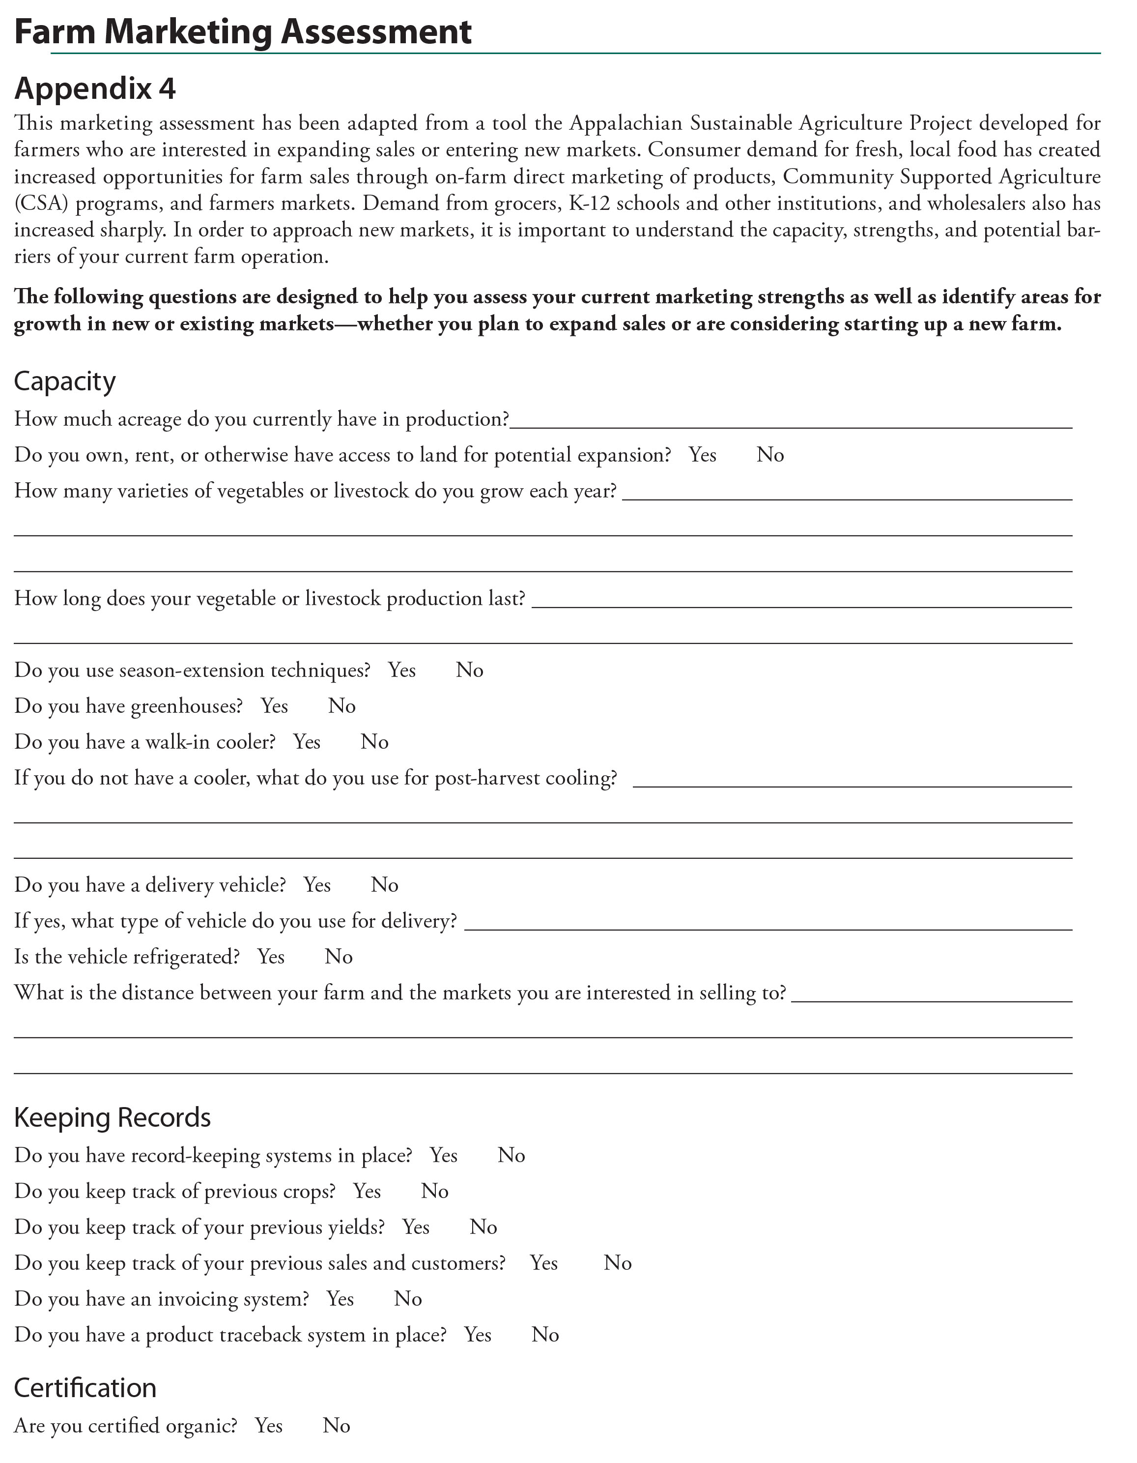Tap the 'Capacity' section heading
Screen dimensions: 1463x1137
[x=65, y=381]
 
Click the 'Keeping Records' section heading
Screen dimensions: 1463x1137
[x=113, y=1117]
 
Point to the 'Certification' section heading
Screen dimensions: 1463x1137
[x=85, y=1387]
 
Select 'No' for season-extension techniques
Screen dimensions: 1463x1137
[x=469, y=670]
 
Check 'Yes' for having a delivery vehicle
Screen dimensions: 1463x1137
[x=317, y=885]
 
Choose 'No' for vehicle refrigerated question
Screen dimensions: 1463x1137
[x=339, y=957]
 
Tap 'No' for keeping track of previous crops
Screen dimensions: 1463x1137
[x=434, y=1191]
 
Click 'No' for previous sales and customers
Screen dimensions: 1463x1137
[x=617, y=1263]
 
